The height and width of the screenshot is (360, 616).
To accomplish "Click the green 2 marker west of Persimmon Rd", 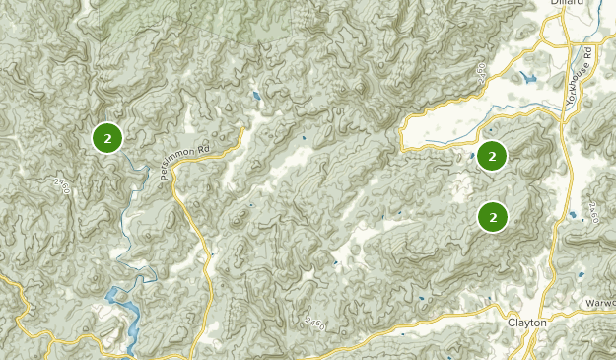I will (106, 138).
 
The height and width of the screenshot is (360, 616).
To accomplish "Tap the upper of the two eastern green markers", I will (492, 155).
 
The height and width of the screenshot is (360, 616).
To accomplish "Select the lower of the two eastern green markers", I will (492, 216).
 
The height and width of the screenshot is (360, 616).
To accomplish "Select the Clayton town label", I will (527, 322).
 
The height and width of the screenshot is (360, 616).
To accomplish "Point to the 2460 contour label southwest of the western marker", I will (63, 184).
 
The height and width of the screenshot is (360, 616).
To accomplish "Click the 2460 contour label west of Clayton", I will (315, 322).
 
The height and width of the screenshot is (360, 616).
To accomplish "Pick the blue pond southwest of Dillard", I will (530, 77).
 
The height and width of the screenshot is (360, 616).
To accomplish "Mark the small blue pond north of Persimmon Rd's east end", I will (255, 98).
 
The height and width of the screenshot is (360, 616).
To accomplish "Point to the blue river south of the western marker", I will (126, 227).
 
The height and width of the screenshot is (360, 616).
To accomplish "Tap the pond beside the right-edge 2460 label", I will (573, 214).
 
